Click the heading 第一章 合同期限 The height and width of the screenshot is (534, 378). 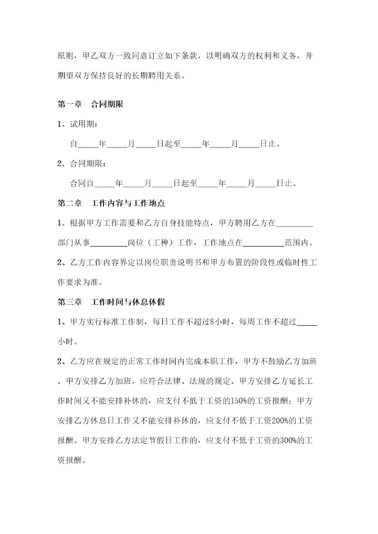pyautogui.click(x=90, y=104)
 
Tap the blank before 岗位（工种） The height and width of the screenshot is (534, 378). pyautogui.click(x=109, y=243)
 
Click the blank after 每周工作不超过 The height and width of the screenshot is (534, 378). pyautogui.click(x=307, y=323)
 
